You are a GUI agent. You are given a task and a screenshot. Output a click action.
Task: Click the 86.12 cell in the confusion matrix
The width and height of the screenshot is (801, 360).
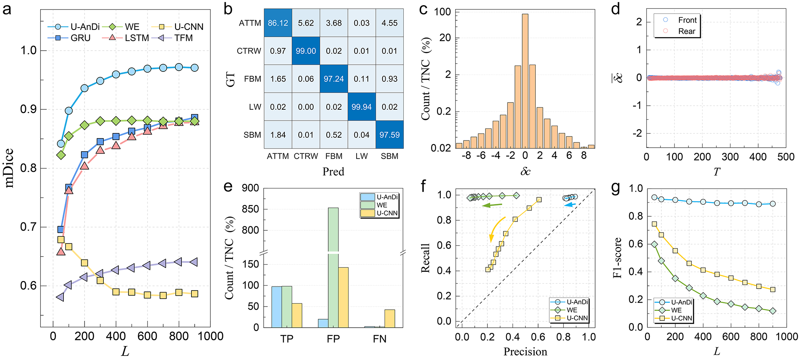(278, 23)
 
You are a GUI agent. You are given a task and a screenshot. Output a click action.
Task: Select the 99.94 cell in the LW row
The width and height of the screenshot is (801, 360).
(361, 107)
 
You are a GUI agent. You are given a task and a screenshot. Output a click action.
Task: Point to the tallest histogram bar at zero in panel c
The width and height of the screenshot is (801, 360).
(525, 80)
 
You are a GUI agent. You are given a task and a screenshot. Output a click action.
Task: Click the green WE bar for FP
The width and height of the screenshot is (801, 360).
(333, 267)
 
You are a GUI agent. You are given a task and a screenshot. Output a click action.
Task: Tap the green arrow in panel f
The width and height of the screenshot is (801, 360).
(492, 205)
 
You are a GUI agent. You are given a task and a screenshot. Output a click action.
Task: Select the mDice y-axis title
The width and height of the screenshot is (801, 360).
(10, 168)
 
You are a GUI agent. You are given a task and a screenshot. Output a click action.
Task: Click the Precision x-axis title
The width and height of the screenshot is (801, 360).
(525, 352)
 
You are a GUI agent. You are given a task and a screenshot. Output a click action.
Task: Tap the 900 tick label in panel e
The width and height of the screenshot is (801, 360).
(250, 188)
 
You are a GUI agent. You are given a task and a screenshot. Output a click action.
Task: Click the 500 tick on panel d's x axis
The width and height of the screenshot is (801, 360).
(785, 157)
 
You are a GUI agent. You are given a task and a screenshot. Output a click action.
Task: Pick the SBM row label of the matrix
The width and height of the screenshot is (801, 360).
(252, 135)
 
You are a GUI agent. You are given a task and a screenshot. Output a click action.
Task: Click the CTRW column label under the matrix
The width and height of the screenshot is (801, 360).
(306, 156)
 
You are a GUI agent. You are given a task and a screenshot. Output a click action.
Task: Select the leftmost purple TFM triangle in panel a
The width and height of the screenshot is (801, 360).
(60, 297)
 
